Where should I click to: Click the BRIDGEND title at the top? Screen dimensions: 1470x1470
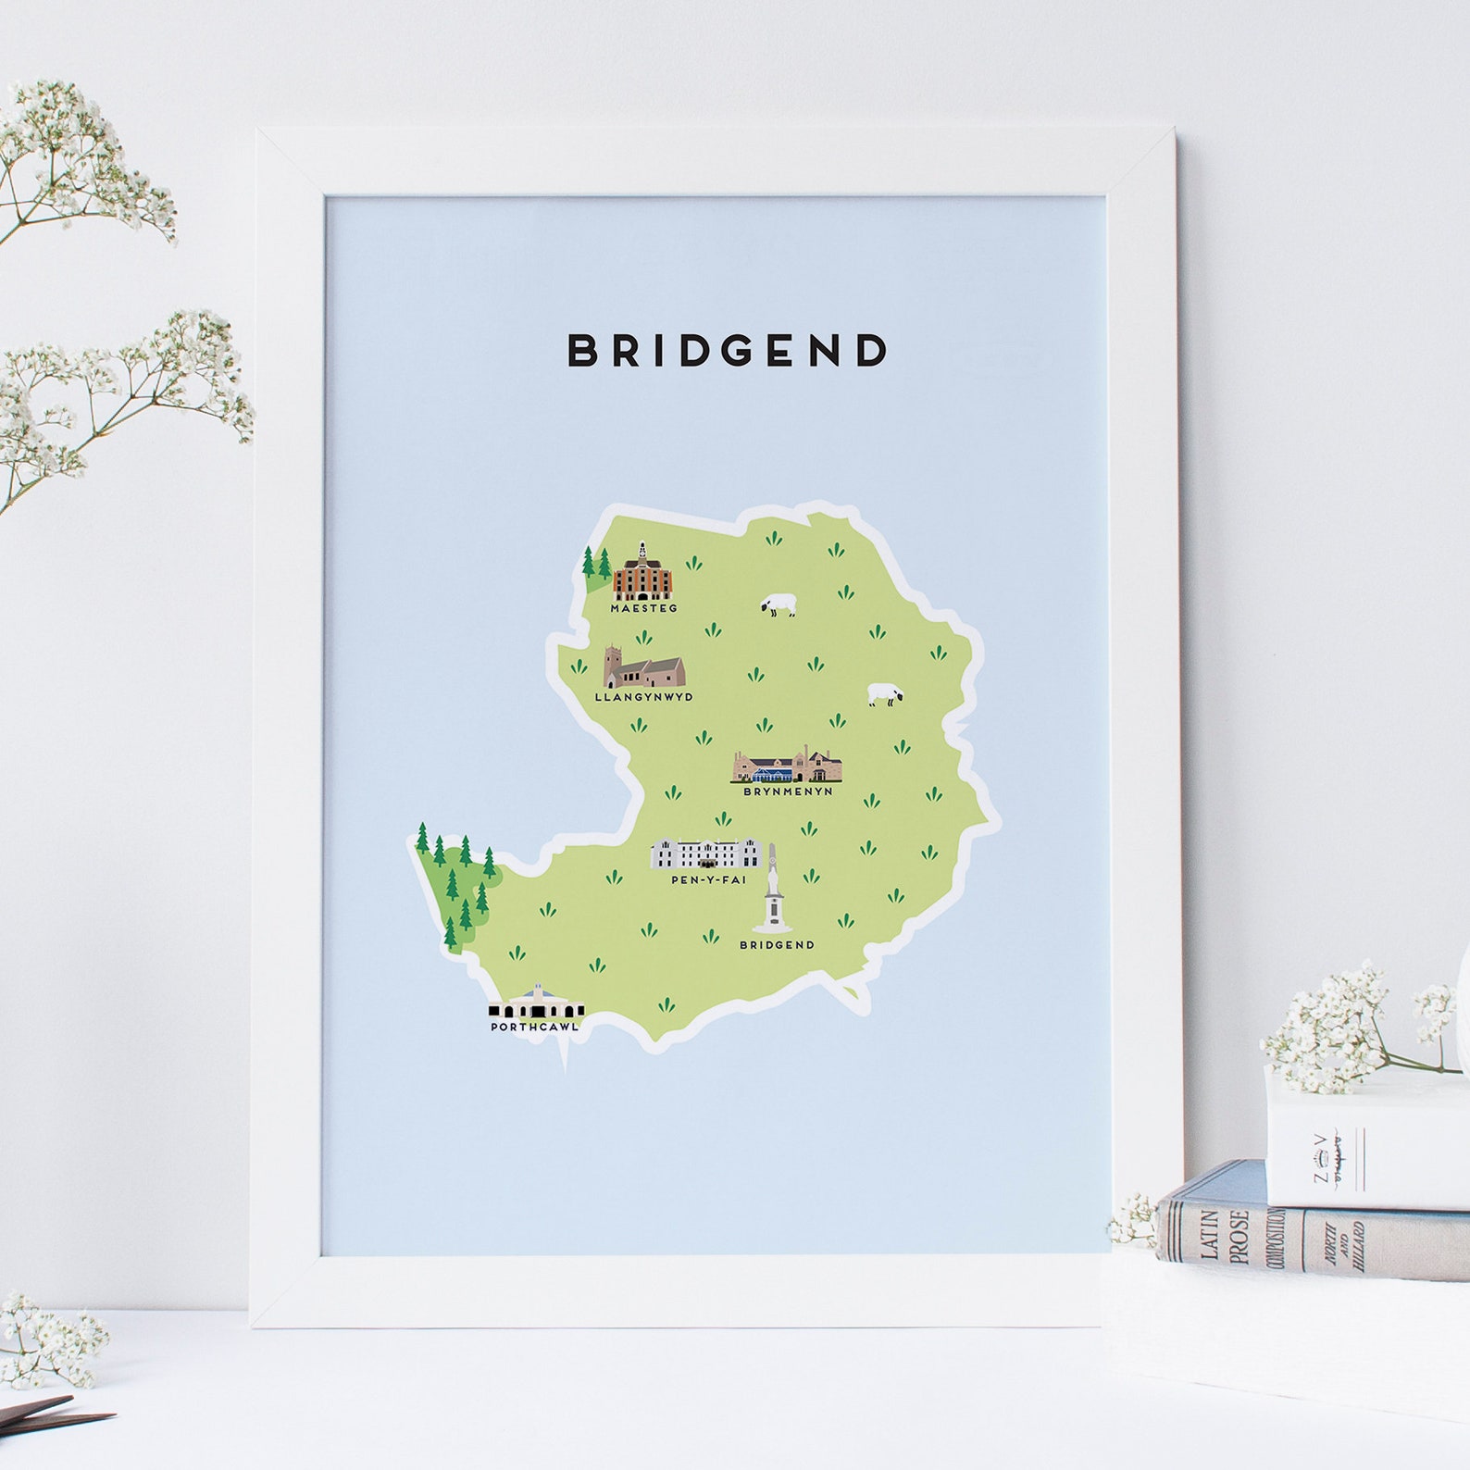point(727,351)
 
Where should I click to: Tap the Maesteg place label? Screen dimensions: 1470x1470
point(643,609)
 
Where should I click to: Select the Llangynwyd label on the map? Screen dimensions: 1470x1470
point(643,697)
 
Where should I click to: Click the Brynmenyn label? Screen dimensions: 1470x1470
point(788,791)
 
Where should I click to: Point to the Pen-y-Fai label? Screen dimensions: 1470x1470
point(708,879)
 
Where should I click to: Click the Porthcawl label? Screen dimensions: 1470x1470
point(535,1027)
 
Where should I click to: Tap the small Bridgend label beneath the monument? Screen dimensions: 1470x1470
point(777,945)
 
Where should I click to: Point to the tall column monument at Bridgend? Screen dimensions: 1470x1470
point(771,891)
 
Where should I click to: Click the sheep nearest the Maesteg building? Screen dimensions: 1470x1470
point(779,606)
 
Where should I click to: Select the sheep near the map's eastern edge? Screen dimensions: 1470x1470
point(884,695)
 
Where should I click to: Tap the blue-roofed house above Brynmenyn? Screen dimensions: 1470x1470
point(788,767)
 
